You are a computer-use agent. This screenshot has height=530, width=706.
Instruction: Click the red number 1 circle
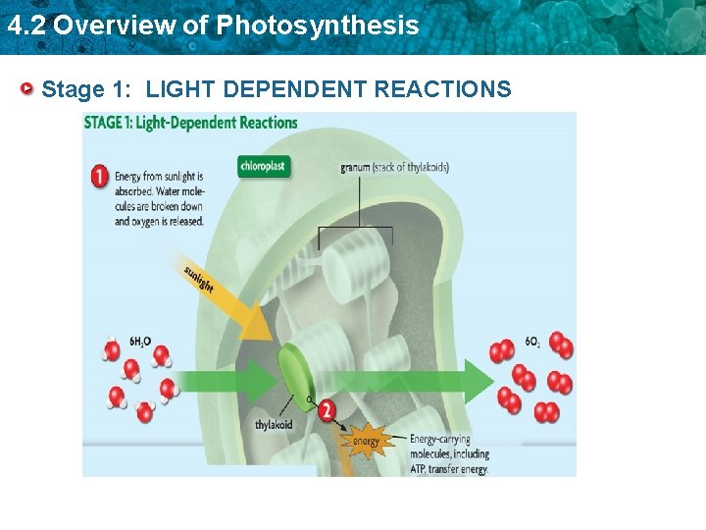[x=99, y=177]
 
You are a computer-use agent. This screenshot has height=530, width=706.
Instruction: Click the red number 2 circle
[x=327, y=411]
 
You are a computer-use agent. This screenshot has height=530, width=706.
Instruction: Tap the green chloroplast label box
[x=264, y=166]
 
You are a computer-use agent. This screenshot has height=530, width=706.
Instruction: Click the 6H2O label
[x=140, y=343]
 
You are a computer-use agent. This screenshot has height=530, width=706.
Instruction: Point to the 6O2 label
[x=532, y=343]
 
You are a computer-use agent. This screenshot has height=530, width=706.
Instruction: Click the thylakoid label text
[x=274, y=426]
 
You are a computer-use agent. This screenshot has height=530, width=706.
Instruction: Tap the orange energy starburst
[x=366, y=442]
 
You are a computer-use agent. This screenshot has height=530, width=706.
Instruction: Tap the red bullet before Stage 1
[x=30, y=89]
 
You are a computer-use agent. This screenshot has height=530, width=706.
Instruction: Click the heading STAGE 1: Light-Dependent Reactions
[x=190, y=123]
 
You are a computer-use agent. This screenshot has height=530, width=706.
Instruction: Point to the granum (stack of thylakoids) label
[x=394, y=167]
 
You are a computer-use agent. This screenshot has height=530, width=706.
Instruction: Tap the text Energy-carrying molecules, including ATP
[x=448, y=454]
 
